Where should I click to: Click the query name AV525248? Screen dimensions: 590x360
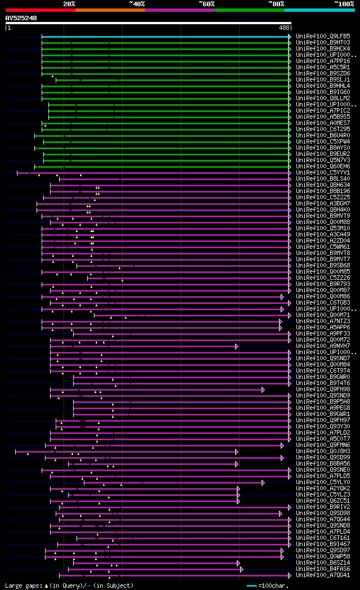pos(21,18)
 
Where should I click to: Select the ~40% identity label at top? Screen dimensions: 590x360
pos(137,3)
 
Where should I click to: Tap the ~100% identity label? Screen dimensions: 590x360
pos(344,3)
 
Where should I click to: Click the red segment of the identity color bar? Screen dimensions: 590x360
pos(40,10)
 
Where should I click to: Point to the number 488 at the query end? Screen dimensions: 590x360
pos(284,28)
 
